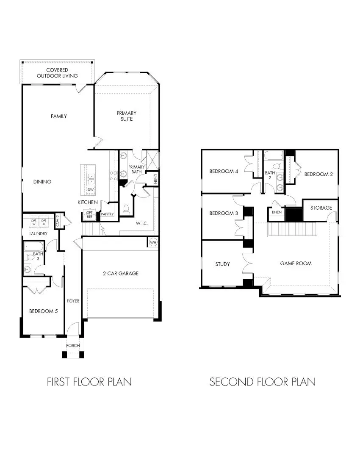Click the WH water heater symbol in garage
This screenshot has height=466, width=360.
coord(153,242)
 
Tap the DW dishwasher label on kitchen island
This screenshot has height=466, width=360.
coord(91,189)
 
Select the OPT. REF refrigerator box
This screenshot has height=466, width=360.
coord(89,215)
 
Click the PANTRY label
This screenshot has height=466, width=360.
coord(107,214)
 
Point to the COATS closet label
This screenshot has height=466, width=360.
coord(58,220)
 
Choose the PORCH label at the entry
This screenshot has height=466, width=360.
coord(73,346)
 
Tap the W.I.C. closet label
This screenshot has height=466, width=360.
coord(141,223)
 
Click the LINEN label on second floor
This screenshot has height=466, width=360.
coord(277,212)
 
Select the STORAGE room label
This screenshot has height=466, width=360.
coord(321,208)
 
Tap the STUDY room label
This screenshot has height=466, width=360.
coord(222,264)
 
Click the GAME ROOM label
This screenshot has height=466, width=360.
coord(296,264)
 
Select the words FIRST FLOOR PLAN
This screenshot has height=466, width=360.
coord(89,382)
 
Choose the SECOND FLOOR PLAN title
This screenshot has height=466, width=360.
coord(262,382)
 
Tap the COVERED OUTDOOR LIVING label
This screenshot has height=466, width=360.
coord(57,73)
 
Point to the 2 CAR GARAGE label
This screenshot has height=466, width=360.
coord(120,274)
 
